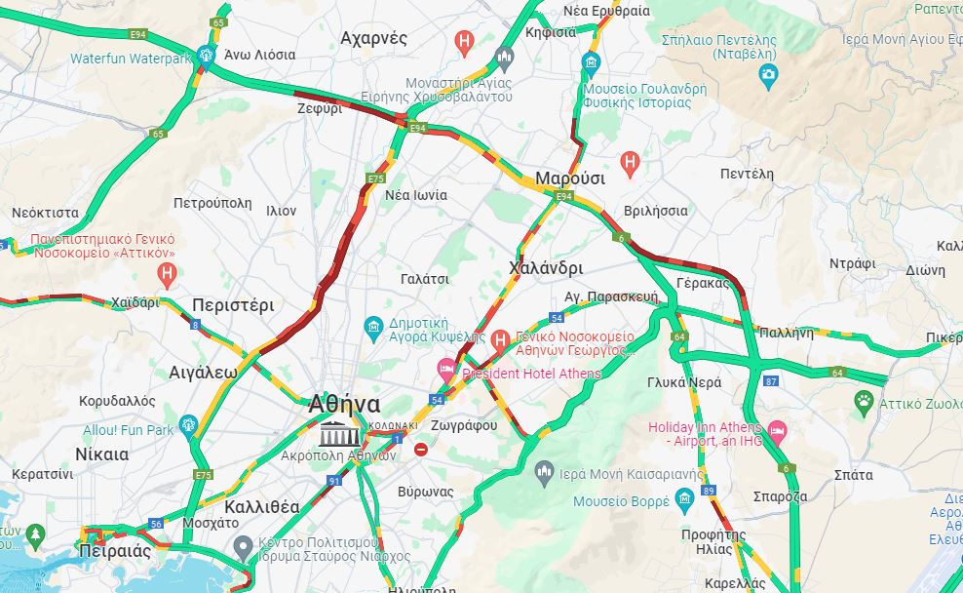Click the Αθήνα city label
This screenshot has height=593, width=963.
point(344,403)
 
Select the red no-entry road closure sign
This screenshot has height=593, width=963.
point(420,450)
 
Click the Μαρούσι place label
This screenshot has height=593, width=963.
point(569,178)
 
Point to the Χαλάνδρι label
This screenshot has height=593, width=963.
point(546,267)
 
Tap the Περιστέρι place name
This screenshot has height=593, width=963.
point(233,304)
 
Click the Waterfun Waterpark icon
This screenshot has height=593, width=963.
point(205,57)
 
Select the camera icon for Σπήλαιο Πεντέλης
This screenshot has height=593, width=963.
point(768,75)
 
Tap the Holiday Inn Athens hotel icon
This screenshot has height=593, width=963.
point(777,429)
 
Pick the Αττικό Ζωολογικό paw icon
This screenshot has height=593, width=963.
point(864,400)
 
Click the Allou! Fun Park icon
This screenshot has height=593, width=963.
point(188,425)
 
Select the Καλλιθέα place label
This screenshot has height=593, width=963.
point(261,506)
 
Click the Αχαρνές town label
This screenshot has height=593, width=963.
point(373,38)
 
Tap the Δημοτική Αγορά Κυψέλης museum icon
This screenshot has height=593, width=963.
point(372,325)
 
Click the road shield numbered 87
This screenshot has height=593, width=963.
point(771,381)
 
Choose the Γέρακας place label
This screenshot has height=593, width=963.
point(702,283)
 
